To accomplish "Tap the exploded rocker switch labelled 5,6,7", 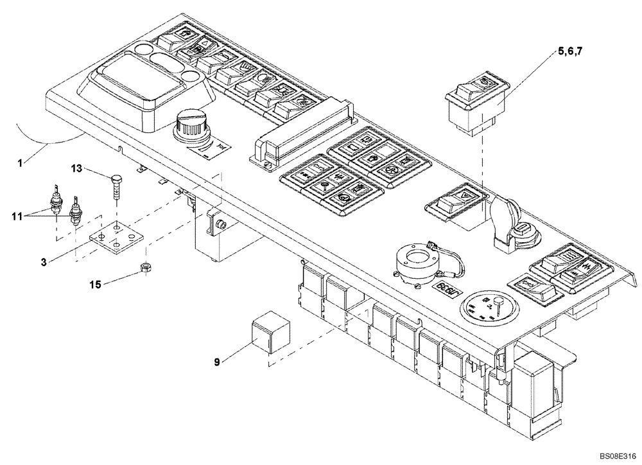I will pyautogui.click(x=476, y=104).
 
